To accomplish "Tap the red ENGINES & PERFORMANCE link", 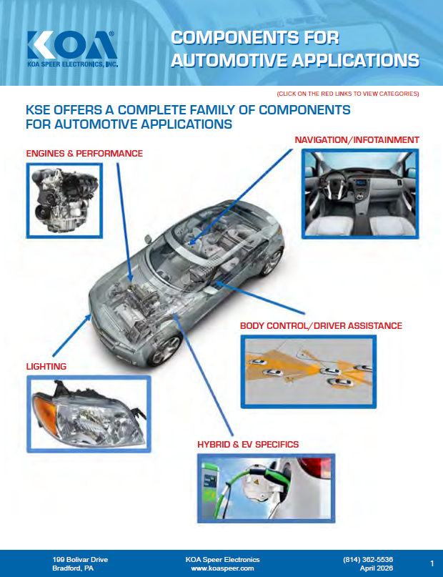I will coord(84,154).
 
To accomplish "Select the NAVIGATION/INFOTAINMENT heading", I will coord(357,139).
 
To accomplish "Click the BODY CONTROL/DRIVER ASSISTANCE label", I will coord(321,326).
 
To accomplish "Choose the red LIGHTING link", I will coord(46,367).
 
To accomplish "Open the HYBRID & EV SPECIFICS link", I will coord(248,445).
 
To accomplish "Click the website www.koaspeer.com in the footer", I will coord(223,568).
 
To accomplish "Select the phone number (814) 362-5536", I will coord(368,559).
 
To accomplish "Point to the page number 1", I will coord(432,563).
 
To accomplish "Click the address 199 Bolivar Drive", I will coord(80,559).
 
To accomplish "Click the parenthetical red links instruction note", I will coord(347,94).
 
